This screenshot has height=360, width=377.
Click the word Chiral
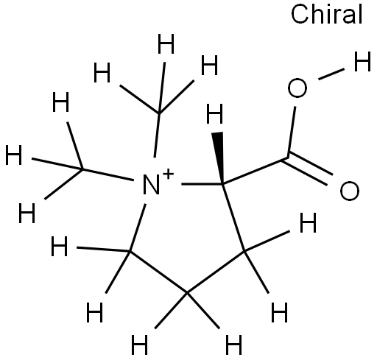tap(327, 14)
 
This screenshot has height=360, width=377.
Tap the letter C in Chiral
tap(300, 15)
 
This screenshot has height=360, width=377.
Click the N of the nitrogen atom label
tap(151, 185)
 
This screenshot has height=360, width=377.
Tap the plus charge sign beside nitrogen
tap(168, 174)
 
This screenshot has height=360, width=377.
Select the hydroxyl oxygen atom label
tap(297, 88)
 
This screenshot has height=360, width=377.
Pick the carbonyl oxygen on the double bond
tap(350, 191)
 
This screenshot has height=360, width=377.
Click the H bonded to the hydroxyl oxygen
tap(362, 62)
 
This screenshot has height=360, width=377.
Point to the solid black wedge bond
tap(219, 158)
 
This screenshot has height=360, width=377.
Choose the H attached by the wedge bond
tap(215, 113)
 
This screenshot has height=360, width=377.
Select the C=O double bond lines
tap(308, 169)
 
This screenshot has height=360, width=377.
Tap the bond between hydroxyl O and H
tap(331, 74)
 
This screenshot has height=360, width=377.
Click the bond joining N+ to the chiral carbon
tap(202, 184)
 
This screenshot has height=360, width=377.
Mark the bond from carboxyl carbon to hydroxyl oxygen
tap(292, 132)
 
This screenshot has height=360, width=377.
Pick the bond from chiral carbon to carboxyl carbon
tap(255, 171)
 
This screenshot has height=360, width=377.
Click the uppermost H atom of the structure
tap(166, 44)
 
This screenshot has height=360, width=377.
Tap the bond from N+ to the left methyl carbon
tap(108, 174)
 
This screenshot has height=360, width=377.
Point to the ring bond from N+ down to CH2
tap(138, 227)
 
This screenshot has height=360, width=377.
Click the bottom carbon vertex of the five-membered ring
tap(187, 292)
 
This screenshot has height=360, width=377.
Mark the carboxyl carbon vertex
tap(287, 158)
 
